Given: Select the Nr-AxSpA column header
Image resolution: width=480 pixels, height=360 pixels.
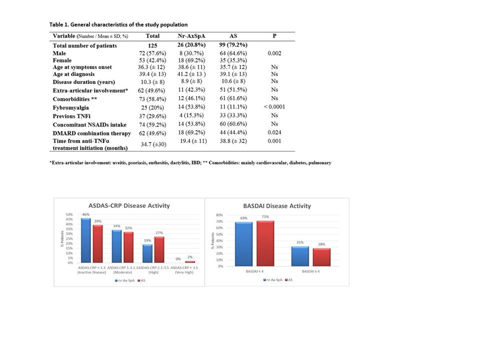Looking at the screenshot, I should click(x=192, y=36).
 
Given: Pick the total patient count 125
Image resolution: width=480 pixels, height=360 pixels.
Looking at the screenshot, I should click(x=152, y=45).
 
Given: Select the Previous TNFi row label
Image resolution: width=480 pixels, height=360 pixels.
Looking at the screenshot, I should click(x=72, y=116).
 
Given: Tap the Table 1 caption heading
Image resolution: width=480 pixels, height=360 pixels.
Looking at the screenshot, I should click(x=118, y=24).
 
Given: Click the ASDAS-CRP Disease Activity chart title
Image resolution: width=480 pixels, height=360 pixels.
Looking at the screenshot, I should click(x=129, y=205).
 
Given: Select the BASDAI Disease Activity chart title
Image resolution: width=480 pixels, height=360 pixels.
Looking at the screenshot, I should click(x=277, y=205).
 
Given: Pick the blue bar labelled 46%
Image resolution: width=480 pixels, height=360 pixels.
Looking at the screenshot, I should click(x=86, y=240).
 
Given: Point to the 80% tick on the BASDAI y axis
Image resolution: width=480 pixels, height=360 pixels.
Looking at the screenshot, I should click(x=218, y=215).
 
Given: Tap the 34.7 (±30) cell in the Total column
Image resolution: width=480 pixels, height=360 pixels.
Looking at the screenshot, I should click(x=152, y=144).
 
